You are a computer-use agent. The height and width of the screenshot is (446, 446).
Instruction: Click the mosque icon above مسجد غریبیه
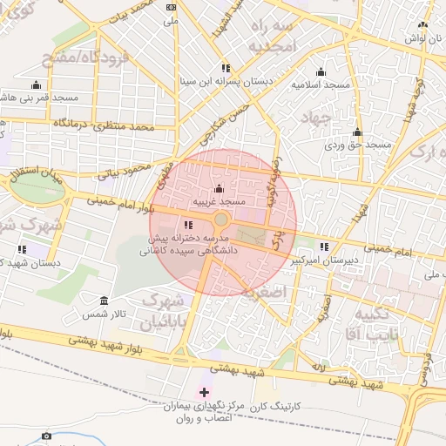click(218, 189)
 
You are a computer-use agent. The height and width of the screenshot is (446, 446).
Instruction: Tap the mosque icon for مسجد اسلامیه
click(321, 72)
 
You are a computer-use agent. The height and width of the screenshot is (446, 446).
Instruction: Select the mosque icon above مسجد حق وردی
click(356, 132)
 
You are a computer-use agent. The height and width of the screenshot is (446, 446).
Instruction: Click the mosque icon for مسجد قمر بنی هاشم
click(36, 85)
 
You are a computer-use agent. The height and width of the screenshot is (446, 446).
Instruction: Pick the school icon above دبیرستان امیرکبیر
click(325, 247)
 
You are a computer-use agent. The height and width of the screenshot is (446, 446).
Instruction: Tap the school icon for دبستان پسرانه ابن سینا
click(226, 68)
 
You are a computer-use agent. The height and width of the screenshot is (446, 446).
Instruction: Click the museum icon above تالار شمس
click(104, 300)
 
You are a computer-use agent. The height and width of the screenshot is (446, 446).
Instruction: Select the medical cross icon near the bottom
click(205, 392)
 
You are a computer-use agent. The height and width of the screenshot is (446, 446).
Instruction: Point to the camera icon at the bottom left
click(46, 436)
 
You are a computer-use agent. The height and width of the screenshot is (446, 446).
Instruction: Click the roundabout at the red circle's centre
click(221, 221)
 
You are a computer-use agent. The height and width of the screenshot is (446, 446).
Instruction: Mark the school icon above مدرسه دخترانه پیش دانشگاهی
click(188, 226)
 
